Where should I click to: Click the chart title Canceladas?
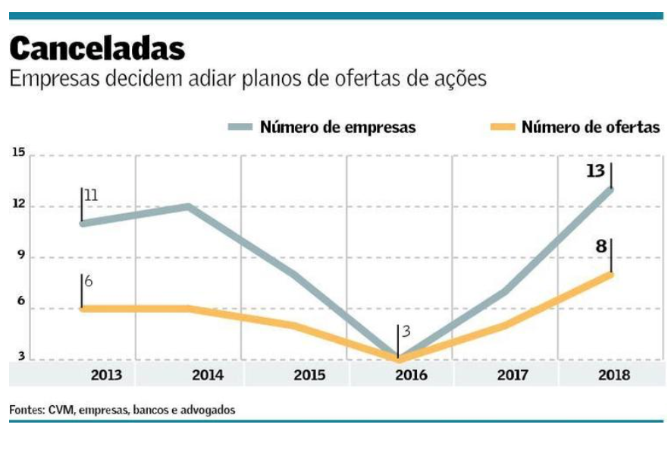click(x=97, y=49)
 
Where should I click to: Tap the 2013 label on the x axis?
click(x=106, y=375)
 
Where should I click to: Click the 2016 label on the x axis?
click(x=411, y=375)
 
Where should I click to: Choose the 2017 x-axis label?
click(x=513, y=375)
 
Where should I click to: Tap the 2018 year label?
click(x=615, y=375)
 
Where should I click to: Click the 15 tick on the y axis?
click(x=18, y=153)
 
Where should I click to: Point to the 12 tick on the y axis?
click(x=18, y=204)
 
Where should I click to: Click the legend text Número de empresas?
click(x=337, y=127)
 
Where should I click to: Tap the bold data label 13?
click(x=595, y=171)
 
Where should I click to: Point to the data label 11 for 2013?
click(x=92, y=196)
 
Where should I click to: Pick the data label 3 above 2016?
click(x=406, y=332)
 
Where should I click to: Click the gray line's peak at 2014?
click(x=187, y=206)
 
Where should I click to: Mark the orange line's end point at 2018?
click(x=610, y=274)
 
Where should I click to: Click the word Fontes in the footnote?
click(x=27, y=409)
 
